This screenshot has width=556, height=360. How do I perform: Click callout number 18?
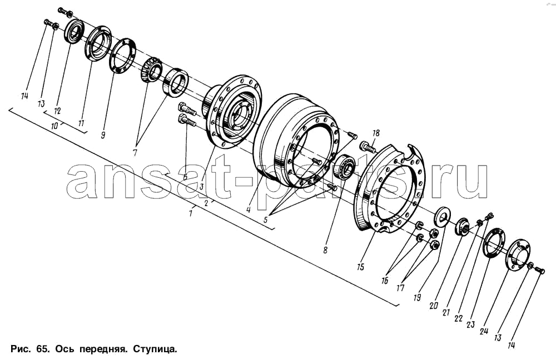(376, 133)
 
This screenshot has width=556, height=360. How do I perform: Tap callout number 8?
(325, 250)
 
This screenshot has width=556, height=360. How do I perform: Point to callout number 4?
(249, 210)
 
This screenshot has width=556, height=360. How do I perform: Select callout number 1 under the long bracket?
(191, 212)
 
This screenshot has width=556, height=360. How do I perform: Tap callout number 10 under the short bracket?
(54, 126)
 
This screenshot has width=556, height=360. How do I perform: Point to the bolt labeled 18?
(368, 147)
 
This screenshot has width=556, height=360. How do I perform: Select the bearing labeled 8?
(346, 166)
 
